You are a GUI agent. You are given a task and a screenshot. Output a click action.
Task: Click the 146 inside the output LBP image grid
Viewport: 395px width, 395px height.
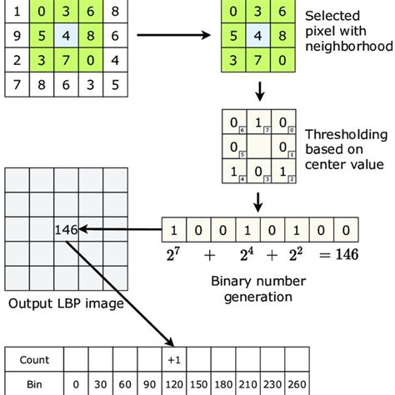coord(66,227)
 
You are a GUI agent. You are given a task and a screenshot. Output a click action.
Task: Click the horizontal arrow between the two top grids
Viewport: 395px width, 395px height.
coord(171,36)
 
